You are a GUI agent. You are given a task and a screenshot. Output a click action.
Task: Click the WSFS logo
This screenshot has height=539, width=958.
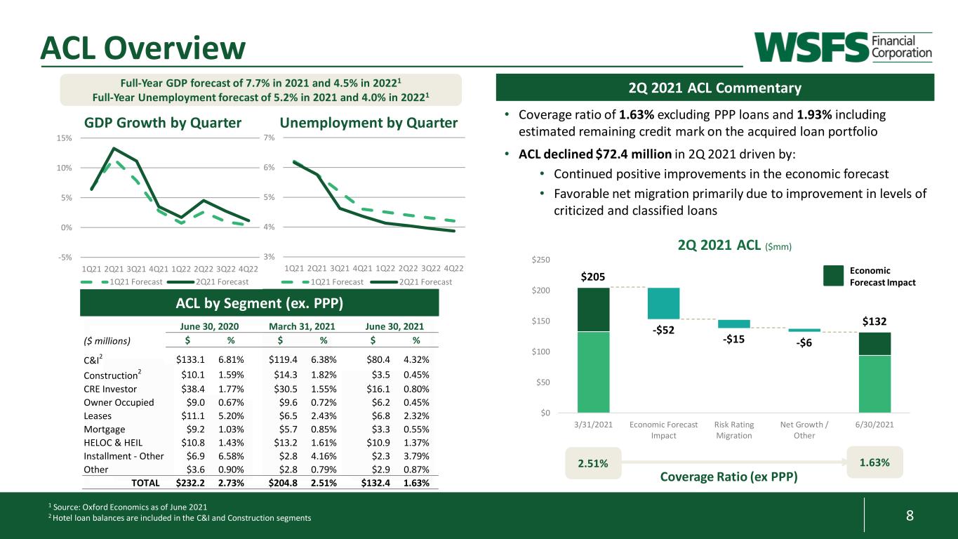click(x=842, y=47)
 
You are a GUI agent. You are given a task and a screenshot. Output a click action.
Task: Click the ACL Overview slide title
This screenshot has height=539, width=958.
click(x=143, y=48)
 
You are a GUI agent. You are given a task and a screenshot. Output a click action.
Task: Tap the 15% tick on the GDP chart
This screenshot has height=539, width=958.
click(x=64, y=138)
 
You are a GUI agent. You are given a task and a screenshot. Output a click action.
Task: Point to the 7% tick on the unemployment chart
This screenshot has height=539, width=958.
click(x=269, y=138)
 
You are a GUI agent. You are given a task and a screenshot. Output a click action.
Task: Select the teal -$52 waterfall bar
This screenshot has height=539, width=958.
click(x=663, y=303)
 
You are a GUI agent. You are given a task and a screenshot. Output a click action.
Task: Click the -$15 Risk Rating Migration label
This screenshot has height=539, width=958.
click(x=733, y=339)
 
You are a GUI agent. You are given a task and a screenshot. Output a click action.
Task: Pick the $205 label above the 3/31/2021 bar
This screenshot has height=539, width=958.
click(x=593, y=277)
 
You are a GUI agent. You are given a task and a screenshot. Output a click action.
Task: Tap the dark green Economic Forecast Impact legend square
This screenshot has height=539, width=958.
click(x=833, y=276)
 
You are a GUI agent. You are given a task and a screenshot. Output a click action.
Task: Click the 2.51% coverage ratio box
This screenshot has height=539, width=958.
click(x=593, y=463)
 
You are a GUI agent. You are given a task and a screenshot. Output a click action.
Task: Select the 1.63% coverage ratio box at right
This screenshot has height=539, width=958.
click(x=874, y=463)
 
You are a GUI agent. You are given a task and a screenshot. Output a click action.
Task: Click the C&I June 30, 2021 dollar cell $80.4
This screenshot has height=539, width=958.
click(x=378, y=360)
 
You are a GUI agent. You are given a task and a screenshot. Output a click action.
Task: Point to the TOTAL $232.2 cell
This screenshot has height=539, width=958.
click(x=190, y=483)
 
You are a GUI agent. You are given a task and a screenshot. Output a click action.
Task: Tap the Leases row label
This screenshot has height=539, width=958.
click(x=98, y=415)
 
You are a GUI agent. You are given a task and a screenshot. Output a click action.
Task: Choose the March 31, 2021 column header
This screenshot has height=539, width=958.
click(x=302, y=326)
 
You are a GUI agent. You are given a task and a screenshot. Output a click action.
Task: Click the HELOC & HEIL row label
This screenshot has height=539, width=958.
click(x=113, y=443)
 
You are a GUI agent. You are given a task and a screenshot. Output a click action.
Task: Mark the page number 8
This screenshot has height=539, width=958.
click(x=910, y=515)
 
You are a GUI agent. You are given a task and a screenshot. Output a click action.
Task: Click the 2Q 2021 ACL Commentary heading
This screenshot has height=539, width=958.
click(x=714, y=88)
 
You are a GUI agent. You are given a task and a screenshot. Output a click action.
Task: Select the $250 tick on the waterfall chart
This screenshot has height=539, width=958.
click(x=540, y=260)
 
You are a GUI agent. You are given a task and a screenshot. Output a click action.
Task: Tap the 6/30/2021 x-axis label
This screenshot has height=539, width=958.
click(x=874, y=425)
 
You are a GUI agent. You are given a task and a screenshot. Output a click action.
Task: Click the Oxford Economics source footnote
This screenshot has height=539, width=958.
click(x=128, y=507)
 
